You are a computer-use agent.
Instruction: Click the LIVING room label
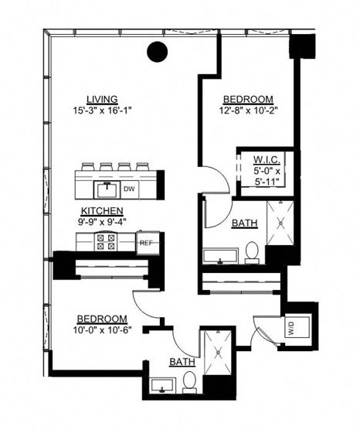pos(102,99)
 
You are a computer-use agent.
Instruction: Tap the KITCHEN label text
pos(102,210)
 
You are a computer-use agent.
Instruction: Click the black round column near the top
pos(158,52)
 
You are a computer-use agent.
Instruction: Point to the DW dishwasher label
pos(129,187)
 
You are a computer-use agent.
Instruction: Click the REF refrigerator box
pos(145,243)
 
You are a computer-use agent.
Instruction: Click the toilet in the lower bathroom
pos(188,381)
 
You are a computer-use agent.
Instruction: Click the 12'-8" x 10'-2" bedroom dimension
pos(248,110)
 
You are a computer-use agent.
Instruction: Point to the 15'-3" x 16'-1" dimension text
pos(102,110)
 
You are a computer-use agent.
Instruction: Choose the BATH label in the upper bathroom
pos(244,224)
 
